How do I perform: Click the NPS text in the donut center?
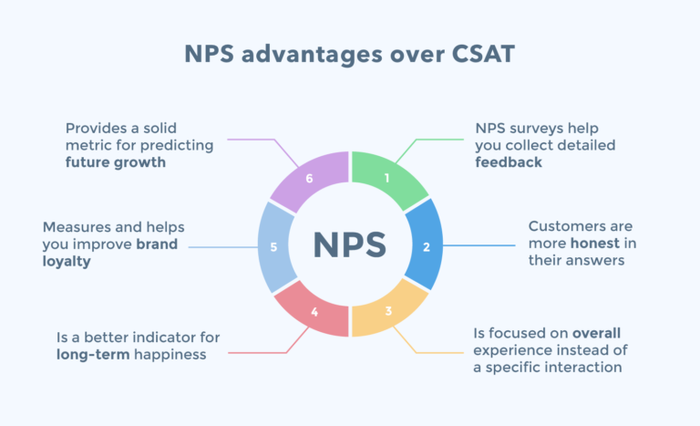click(x=350, y=244)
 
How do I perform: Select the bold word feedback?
click(x=509, y=162)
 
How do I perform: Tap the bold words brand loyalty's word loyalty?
click(x=67, y=261)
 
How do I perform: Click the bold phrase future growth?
click(x=118, y=162)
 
